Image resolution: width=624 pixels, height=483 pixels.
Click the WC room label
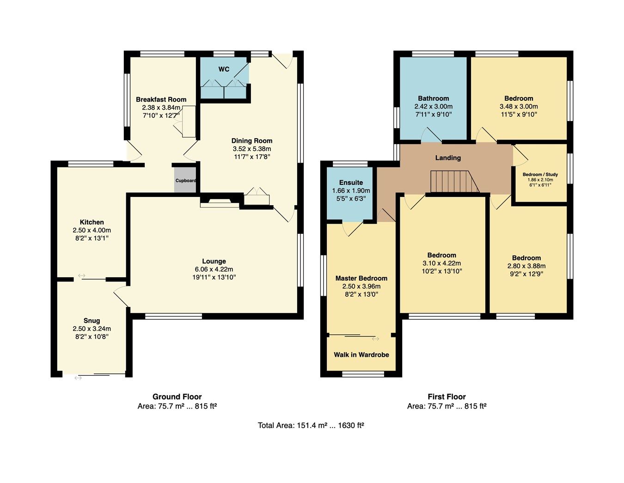224,69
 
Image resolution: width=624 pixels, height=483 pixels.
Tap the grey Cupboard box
185,181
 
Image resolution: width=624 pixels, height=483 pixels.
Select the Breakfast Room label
161,99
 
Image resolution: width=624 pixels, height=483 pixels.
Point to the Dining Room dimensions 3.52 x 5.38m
252,149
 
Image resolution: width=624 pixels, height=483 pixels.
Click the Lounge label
214,261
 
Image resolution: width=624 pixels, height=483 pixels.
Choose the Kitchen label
92,222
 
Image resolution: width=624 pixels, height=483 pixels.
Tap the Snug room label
92,320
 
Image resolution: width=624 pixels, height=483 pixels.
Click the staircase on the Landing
454,181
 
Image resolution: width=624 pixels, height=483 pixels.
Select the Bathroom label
433,98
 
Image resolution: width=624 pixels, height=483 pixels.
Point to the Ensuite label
351,183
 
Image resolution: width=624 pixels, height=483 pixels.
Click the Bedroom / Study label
540,175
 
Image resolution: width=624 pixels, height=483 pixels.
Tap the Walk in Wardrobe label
361,355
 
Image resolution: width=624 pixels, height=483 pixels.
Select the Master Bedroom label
361,278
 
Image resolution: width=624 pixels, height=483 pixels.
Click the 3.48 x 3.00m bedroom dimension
519,106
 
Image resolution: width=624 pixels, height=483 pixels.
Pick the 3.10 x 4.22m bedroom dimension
441,263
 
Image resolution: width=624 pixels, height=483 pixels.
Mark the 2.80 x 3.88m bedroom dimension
526,266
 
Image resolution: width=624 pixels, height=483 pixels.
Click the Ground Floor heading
177,397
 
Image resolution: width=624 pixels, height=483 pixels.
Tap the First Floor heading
447,397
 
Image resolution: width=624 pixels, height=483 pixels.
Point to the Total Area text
311,426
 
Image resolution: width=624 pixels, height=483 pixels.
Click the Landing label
448,158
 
